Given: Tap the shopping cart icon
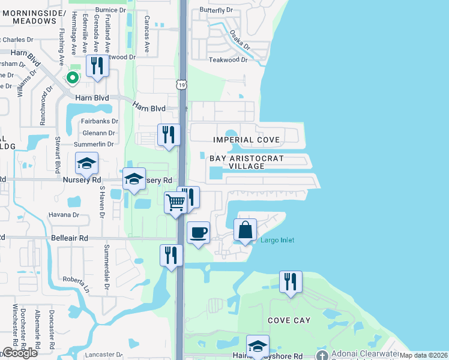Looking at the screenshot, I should [175, 202].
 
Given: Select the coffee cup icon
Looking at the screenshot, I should [198, 232].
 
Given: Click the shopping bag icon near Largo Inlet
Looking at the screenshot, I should [245, 229].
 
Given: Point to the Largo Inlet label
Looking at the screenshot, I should [277, 241].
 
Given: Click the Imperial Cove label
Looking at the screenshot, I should [247, 140].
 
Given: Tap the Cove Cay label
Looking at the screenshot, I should [289, 320].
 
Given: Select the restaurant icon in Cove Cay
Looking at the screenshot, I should [291, 281].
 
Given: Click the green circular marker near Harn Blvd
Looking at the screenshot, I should [72, 77].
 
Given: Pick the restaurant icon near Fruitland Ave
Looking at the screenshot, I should [97, 65].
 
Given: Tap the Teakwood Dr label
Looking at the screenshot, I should [228, 60].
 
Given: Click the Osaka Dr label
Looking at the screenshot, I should [240, 41].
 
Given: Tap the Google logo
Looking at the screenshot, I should [20, 353].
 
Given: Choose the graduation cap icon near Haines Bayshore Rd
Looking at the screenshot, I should [258, 345].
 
